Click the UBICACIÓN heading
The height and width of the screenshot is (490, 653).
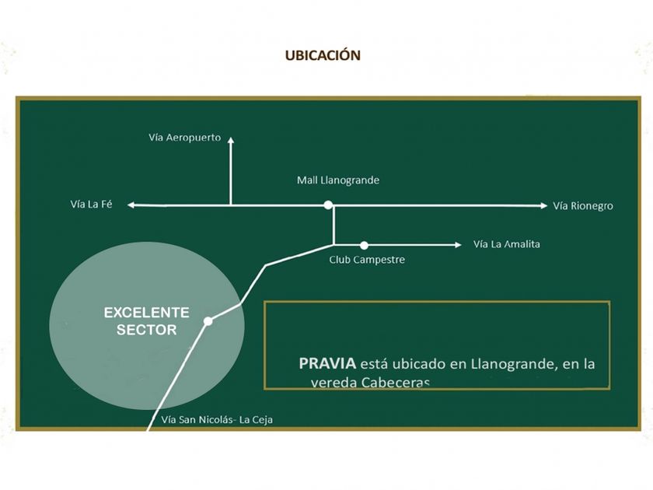[323, 56]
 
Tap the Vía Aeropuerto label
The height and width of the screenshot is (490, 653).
[185, 138]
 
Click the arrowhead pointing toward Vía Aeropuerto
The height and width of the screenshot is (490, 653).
[231, 140]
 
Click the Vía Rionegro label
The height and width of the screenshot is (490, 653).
[583, 206]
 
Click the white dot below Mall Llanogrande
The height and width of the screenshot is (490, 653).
[329, 205]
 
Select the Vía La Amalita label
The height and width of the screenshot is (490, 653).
[507, 244]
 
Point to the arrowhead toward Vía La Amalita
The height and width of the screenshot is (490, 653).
[457, 245]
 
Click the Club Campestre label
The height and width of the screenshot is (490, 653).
[367, 260]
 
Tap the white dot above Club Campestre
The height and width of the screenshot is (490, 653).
[364, 245]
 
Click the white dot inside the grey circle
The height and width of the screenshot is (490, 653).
[208, 320]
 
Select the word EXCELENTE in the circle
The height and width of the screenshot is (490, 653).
[147, 313]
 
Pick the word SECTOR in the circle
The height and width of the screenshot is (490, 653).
[147, 330]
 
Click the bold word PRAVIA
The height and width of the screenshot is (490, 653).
[327, 363]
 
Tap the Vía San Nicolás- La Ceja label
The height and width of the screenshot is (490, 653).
[217, 420]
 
